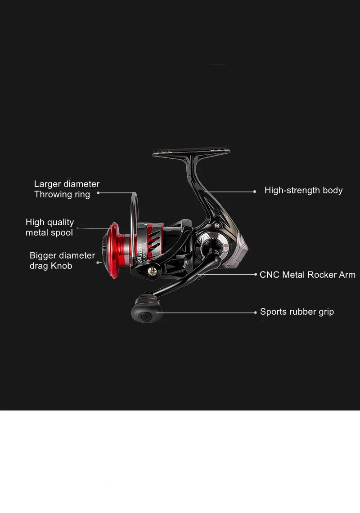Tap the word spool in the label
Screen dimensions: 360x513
tap(62, 233)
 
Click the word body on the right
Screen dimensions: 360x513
tap(333, 190)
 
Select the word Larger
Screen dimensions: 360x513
tap(47, 184)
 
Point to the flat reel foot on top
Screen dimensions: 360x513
tap(191, 152)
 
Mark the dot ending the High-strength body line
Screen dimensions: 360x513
tap(254, 191)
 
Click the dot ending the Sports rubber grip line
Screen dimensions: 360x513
tap(255, 312)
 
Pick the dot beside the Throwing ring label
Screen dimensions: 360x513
tap(98, 193)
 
